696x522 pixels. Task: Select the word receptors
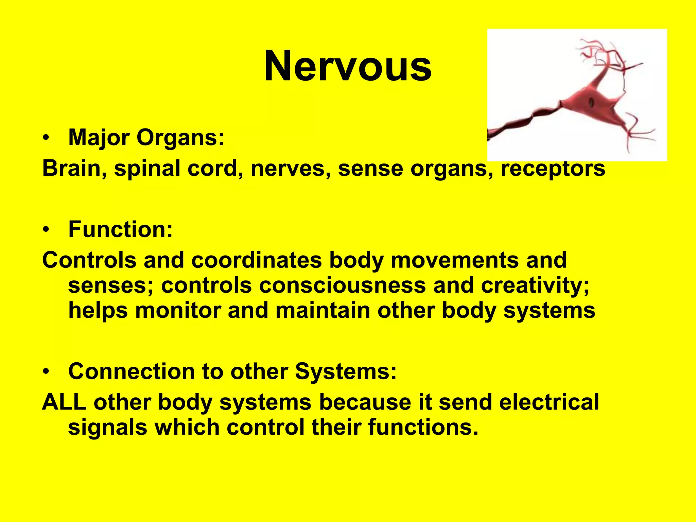pos(553,169)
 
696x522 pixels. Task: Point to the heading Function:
pos(121,229)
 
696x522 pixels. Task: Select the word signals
pos(107,427)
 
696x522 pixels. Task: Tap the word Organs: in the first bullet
pos(180,138)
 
